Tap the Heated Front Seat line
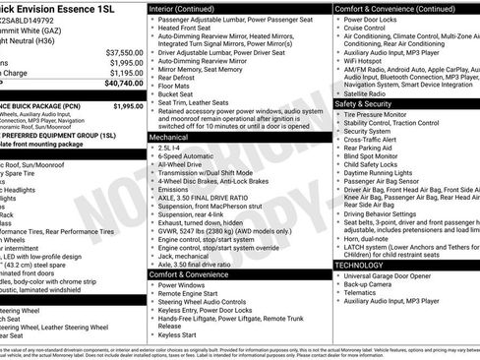[193, 30]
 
